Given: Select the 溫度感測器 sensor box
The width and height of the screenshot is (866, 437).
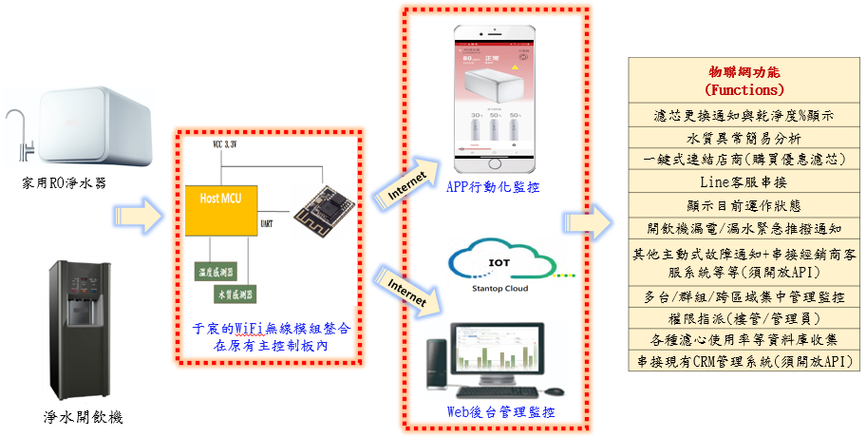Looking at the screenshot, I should (216, 272).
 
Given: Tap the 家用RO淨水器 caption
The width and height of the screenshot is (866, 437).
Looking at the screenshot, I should (60, 181).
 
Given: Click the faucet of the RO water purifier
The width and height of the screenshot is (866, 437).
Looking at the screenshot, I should (20, 132).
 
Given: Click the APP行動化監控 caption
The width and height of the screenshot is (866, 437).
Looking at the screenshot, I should (492, 188).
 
